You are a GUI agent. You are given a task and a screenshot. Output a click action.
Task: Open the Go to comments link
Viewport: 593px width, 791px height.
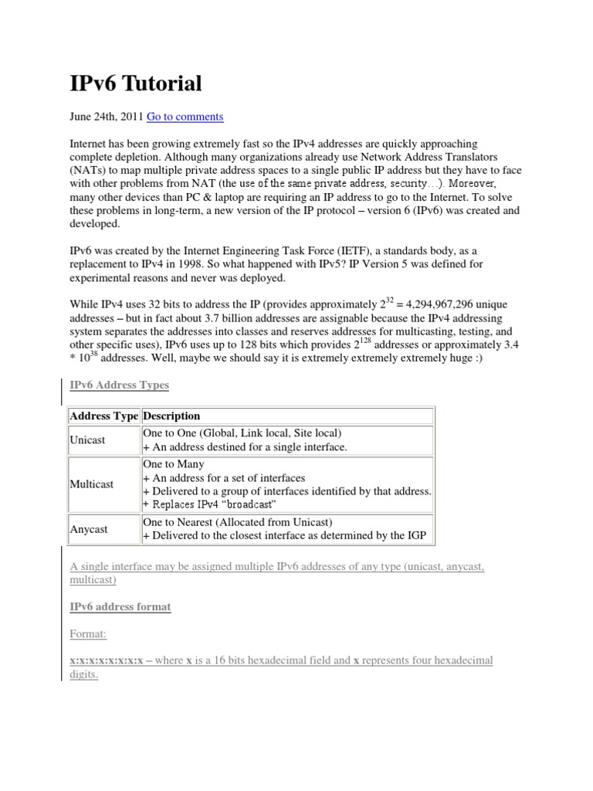click(x=185, y=117)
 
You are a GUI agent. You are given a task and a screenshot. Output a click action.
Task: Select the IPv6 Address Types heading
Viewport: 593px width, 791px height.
click(x=119, y=385)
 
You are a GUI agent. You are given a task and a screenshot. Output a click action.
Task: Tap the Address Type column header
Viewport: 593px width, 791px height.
click(x=104, y=416)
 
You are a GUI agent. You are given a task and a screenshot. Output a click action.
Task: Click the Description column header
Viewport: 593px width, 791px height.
click(x=171, y=416)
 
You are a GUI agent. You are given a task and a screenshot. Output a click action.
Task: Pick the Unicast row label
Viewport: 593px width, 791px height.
click(x=88, y=440)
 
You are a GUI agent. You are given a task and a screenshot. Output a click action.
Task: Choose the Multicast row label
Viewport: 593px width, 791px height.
click(x=92, y=484)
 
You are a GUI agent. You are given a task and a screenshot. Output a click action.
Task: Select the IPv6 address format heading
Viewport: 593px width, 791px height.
click(x=120, y=607)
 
